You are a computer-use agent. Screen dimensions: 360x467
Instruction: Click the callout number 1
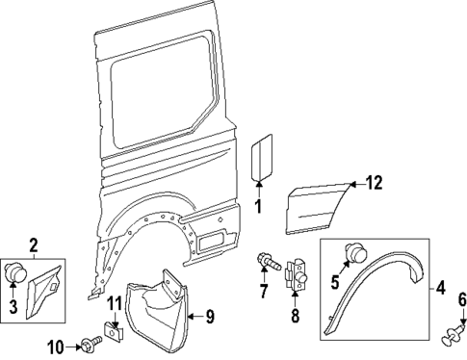[257, 204]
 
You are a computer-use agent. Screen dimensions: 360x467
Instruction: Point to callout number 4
[441, 286]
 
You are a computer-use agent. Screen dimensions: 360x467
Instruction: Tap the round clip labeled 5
[354, 253]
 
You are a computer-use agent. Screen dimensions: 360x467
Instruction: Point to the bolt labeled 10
[91, 344]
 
